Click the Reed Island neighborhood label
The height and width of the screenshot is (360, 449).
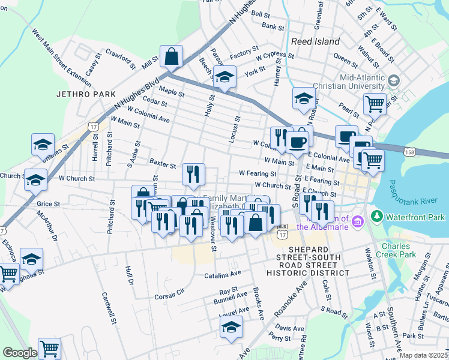pyautogui.click(x=315, y=41)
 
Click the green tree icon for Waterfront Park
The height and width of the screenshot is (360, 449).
pyautogui.click(x=376, y=215)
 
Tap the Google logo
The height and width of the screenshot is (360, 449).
pyautogui.click(x=20, y=353)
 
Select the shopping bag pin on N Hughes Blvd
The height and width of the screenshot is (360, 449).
pyautogui.click(x=172, y=57)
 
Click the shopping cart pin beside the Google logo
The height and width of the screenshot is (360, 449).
pyautogui.click(x=50, y=348)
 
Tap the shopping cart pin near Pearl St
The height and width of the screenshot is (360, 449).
pyautogui.click(x=375, y=103)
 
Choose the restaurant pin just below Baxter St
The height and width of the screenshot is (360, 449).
pyautogui.click(x=193, y=174)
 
